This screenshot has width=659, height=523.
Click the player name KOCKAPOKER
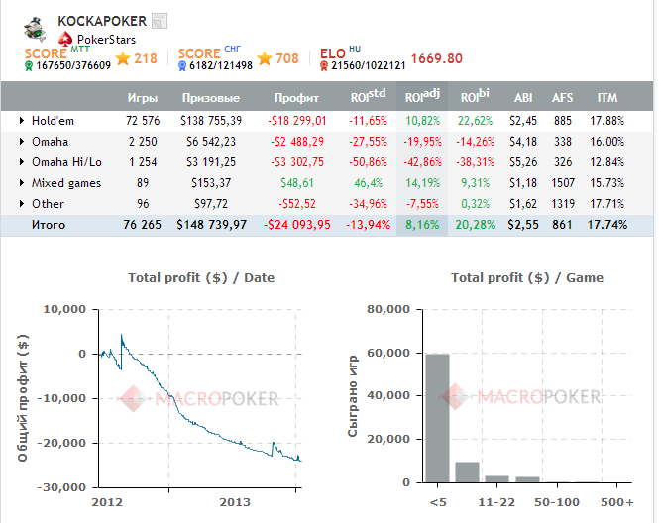tap(102, 21)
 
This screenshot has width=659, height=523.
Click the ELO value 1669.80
tap(436, 58)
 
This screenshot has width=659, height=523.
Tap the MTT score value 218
tap(146, 58)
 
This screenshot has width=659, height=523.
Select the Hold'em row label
tap(53, 120)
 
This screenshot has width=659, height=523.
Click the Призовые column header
tap(211, 98)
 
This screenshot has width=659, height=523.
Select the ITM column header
tap(608, 98)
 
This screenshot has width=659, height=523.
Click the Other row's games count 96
tap(136, 203)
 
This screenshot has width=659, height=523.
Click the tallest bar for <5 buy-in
tap(437, 417)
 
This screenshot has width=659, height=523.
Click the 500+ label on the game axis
tap(616, 502)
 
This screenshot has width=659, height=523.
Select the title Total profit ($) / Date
tap(201, 278)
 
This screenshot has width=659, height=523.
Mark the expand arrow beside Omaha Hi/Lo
tap(22, 161)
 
